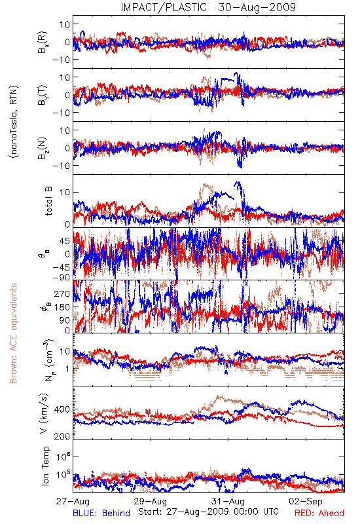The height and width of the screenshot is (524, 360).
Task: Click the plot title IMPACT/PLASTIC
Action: click(x=164, y=7)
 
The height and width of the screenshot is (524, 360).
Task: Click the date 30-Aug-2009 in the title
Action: click(x=257, y=7)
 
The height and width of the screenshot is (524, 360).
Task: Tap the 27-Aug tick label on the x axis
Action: click(x=73, y=501)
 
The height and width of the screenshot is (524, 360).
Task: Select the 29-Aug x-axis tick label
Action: click(x=151, y=501)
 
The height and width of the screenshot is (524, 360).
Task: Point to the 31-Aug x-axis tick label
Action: click(x=228, y=501)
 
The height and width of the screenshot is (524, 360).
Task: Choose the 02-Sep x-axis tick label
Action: click(x=306, y=501)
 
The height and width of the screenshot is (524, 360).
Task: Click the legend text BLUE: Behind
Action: click(x=101, y=513)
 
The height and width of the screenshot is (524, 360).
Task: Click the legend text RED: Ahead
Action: click(x=319, y=513)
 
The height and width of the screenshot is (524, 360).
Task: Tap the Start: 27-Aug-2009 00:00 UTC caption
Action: click(x=209, y=512)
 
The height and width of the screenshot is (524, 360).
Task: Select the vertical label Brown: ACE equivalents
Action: click(x=13, y=333)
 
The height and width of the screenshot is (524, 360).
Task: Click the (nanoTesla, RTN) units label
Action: click(x=14, y=122)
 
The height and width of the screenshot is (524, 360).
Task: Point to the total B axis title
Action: click(x=48, y=201)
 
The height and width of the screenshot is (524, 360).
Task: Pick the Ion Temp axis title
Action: click(x=45, y=466)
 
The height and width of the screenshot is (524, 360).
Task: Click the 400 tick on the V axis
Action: click(x=62, y=409)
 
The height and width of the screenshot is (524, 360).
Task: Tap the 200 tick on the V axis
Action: click(x=62, y=436)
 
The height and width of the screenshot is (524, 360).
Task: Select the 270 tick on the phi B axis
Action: click(x=62, y=293)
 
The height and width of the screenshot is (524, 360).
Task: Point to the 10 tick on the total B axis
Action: click(x=65, y=192)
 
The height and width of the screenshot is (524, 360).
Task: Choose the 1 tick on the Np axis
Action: click(x=68, y=369)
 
